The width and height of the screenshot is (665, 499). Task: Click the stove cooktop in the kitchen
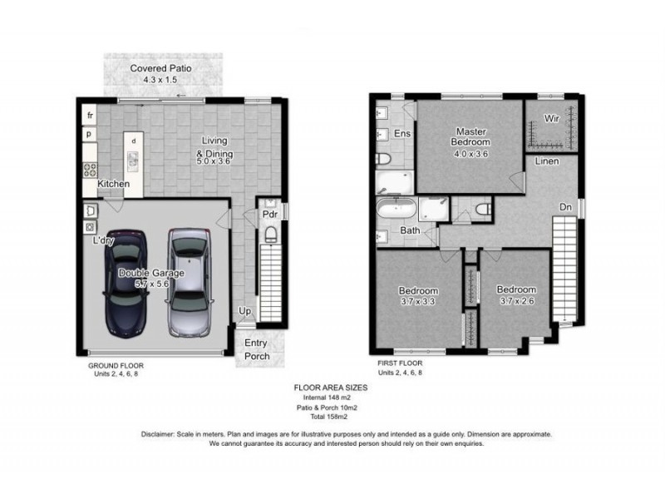(89, 169)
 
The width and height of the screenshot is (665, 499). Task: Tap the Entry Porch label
(257, 350)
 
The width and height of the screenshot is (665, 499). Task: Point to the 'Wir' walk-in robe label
(550, 119)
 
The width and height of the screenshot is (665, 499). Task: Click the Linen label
(546, 161)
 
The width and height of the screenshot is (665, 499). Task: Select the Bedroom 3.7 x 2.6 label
(516, 295)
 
